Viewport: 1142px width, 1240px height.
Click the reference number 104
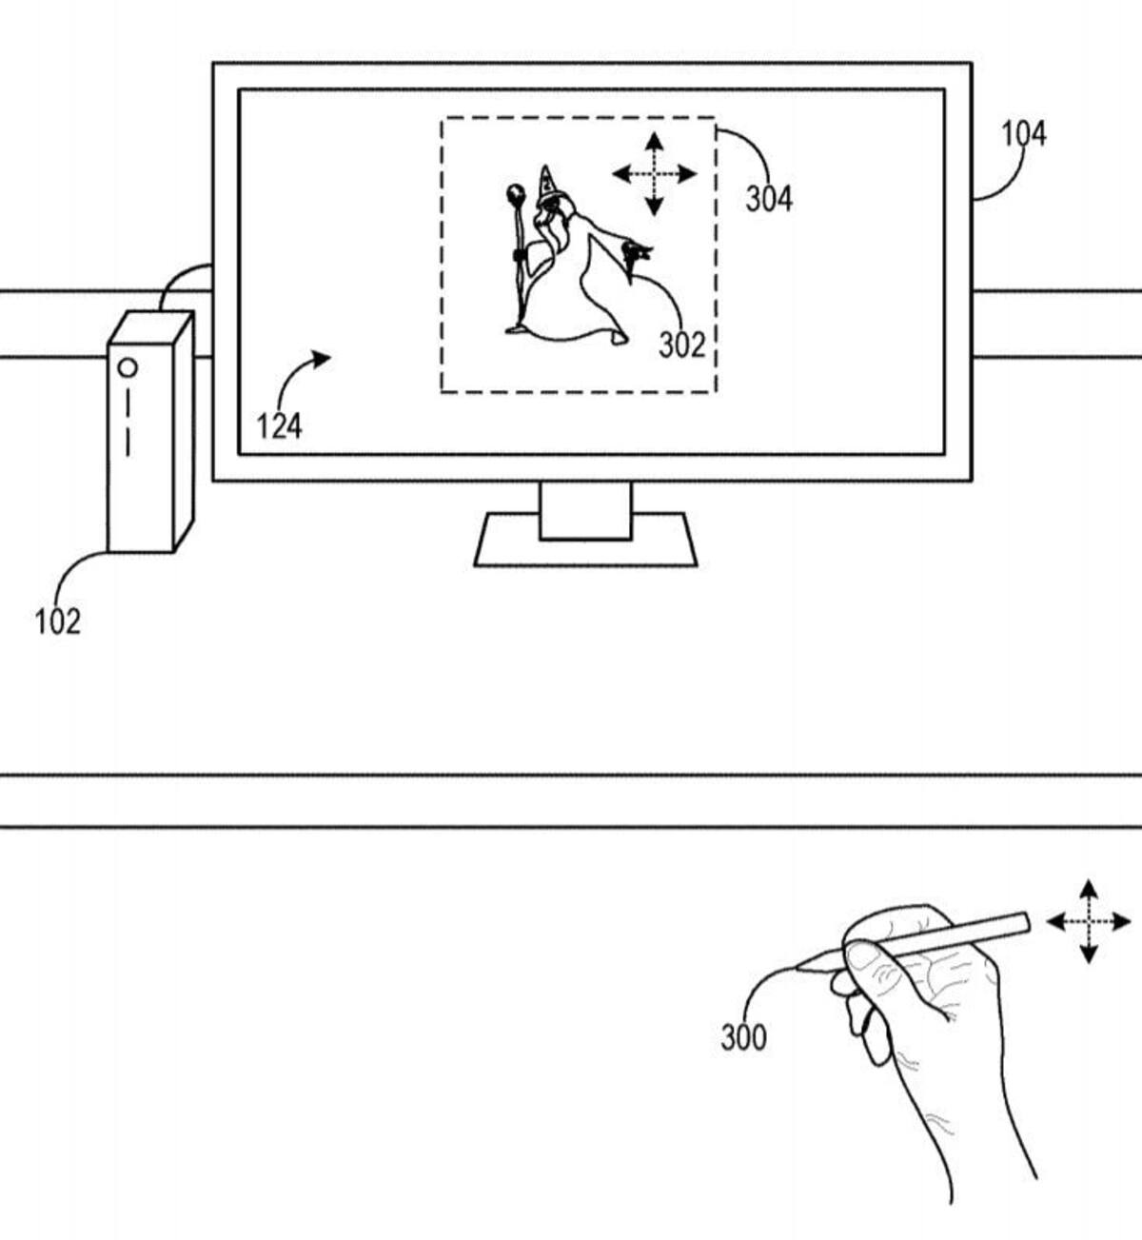tap(1024, 133)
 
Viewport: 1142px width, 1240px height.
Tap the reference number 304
tap(769, 199)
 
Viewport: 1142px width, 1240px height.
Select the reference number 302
tap(682, 344)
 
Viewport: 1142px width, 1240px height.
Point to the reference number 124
tap(280, 426)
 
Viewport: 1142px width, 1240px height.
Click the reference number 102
tap(58, 621)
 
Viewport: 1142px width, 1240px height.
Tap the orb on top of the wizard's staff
tap(516, 195)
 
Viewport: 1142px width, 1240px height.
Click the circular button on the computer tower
tap(128, 367)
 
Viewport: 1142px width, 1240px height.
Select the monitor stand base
tap(585, 540)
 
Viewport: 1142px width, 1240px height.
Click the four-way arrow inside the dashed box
tap(654, 174)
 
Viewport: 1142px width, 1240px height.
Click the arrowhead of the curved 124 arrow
tap(322, 358)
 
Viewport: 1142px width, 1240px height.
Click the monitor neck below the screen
tap(585, 511)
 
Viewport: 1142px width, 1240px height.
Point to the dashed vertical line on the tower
tap(128, 423)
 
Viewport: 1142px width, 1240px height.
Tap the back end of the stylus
tap(1025, 922)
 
